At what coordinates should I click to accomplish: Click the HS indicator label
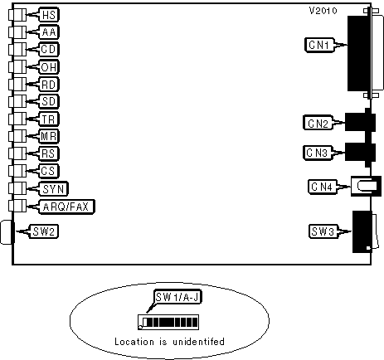(49, 15)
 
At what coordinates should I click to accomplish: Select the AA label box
(49, 32)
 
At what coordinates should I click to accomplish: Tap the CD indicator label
(49, 50)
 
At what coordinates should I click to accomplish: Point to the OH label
(49, 67)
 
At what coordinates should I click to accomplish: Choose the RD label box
(49, 85)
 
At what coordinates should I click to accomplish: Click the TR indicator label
(49, 119)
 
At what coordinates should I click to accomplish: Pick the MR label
(49, 136)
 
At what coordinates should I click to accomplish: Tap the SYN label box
(53, 189)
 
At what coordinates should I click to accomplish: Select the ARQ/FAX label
(66, 207)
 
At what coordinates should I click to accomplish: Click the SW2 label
(44, 231)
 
